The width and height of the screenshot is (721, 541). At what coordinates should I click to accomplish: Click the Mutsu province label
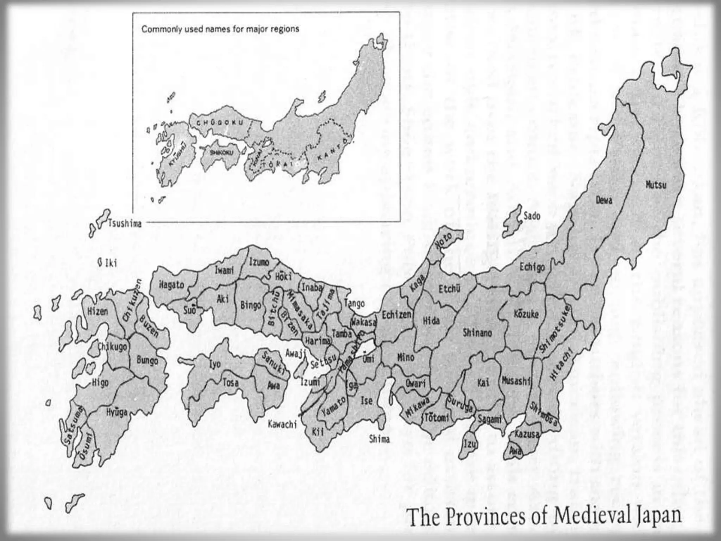[x=656, y=185]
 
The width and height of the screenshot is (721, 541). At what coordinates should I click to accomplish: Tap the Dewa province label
[x=604, y=200]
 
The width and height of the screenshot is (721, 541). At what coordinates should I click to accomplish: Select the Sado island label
[x=532, y=216]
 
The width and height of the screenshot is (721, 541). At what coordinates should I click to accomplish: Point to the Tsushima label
[x=125, y=223]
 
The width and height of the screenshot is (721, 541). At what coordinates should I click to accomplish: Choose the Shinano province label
[x=477, y=332]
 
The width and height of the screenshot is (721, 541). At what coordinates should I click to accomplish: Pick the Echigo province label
[x=532, y=267]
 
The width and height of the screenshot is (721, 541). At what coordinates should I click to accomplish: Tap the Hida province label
[x=431, y=321]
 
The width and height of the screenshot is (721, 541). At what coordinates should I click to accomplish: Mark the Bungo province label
[x=147, y=360]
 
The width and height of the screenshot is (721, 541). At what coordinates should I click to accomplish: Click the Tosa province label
[x=230, y=383]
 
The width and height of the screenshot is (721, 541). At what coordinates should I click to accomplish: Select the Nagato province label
[x=171, y=285]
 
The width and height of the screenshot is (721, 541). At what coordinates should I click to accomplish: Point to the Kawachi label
[x=282, y=424]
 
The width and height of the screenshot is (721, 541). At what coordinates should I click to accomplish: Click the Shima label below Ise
[x=379, y=439]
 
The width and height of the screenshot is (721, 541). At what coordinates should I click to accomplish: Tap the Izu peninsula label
[x=470, y=444]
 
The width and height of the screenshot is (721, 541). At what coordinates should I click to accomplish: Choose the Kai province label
[x=483, y=383]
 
